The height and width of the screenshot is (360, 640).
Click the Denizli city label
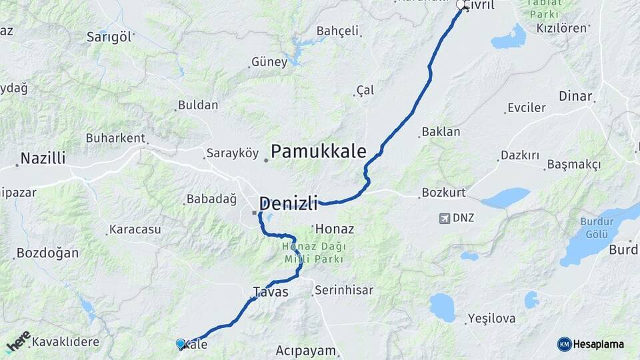coord(287,203)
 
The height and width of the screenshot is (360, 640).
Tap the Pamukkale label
coord(319,152)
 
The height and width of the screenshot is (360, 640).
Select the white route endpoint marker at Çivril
coord(460,6)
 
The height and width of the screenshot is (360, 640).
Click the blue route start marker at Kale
coord(180,343)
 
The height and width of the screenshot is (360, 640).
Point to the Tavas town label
coord(271,292)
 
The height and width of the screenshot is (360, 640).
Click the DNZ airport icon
coord(445,218)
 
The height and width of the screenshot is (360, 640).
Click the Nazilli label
coord(43,159)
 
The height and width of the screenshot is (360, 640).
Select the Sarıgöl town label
coord(109,37)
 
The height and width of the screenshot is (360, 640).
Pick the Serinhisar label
coord(344,291)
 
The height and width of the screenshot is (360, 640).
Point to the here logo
coord(18,341)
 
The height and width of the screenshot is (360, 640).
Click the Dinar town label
coord(575,96)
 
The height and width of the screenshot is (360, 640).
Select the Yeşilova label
coord(491,319)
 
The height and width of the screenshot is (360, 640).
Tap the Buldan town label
coord(198,105)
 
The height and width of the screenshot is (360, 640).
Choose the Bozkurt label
coord(442,193)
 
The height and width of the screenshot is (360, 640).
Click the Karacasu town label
coord(135,229)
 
